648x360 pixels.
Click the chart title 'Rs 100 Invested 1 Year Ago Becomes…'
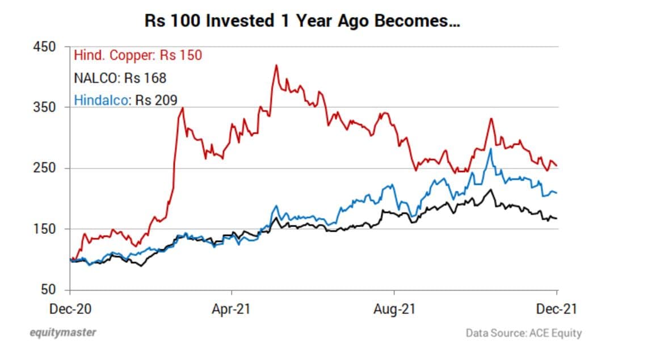point(302,22)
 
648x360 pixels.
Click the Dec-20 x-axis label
point(69,309)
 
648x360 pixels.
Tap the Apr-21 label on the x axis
point(232,309)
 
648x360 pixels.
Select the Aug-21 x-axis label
point(394,309)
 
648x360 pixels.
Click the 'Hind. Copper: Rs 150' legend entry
point(138,55)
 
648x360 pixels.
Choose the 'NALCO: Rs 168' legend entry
point(120,78)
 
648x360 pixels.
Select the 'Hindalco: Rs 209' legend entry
point(125,101)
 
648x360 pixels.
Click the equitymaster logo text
point(62,332)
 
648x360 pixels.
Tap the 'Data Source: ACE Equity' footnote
point(523,333)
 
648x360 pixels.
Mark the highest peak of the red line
point(276,65)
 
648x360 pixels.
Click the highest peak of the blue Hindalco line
point(490,149)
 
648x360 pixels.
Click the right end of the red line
point(557,166)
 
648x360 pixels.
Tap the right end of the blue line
point(557,193)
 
